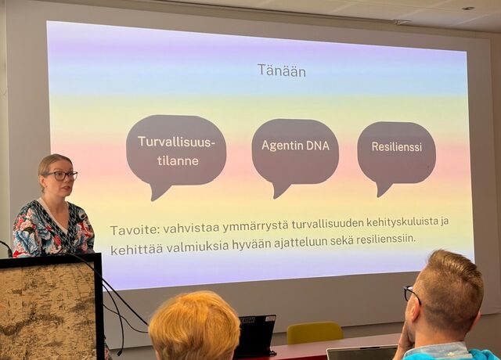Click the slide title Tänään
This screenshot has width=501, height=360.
281,70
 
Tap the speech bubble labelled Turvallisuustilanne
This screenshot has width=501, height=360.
175,150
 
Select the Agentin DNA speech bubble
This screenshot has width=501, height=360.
294,146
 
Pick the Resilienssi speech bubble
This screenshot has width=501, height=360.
396,147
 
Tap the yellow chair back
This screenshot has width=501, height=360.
314,333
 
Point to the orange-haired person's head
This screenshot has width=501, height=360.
194,325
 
